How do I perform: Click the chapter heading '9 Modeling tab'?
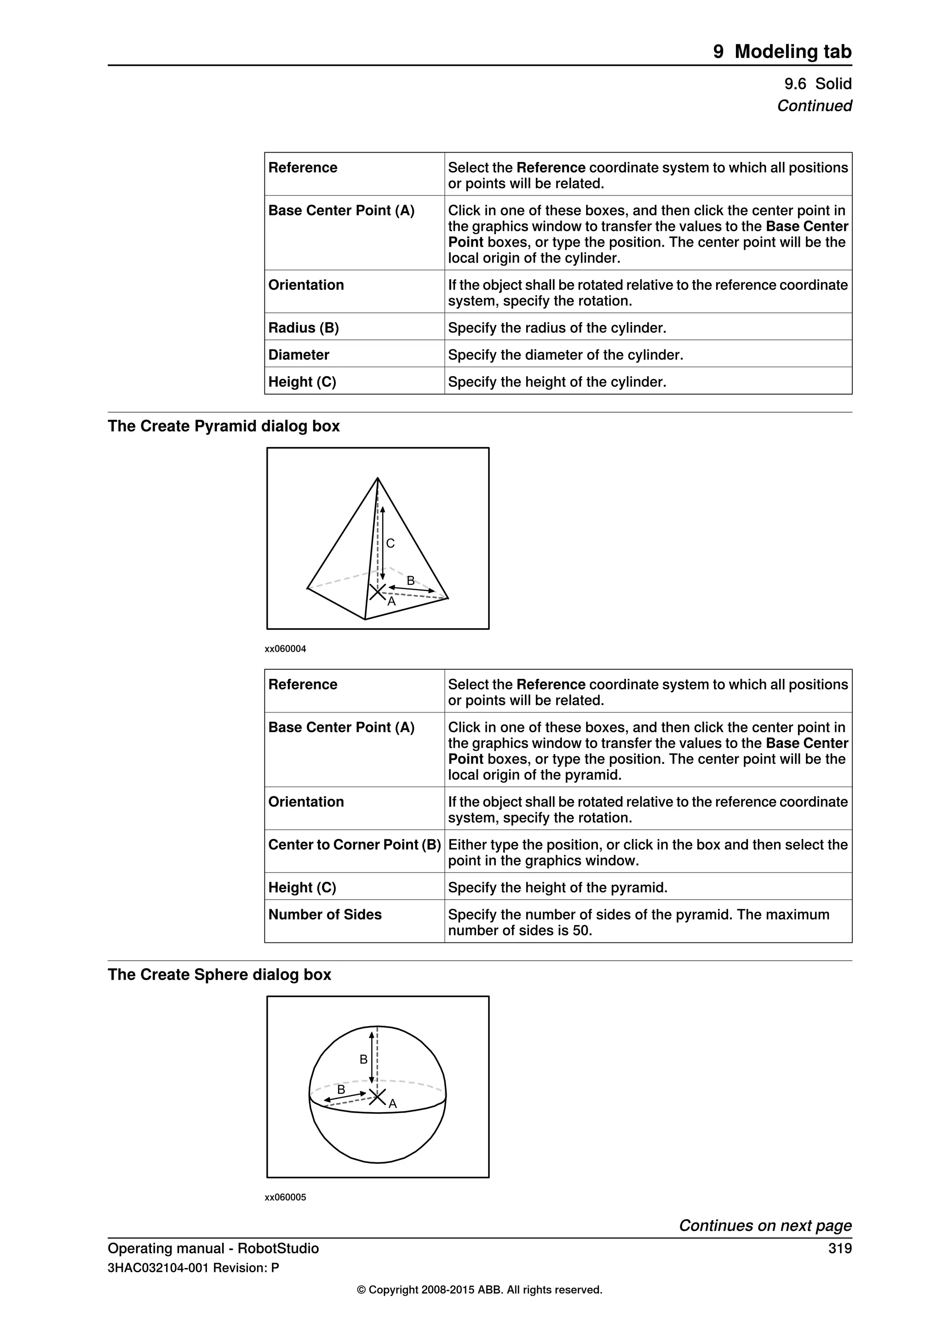pos(782,52)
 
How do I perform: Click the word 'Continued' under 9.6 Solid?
pos(814,106)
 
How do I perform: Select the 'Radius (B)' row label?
pos(304,328)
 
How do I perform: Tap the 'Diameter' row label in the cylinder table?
pos(299,355)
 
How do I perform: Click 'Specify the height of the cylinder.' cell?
pos(557,382)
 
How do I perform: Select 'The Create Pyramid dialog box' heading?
pos(224,426)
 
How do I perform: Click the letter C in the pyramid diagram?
pos(391,543)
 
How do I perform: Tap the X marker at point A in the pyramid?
pos(378,592)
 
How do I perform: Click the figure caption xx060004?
pos(285,649)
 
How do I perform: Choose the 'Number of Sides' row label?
pos(325,914)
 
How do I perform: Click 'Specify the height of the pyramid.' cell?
pos(557,888)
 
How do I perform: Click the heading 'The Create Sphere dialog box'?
pos(219,974)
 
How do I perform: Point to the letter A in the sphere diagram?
pos(393,1104)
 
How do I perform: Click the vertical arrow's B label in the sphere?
pos(364,1059)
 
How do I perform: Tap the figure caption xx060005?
pos(285,1197)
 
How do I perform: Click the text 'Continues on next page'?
pos(765,1225)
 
